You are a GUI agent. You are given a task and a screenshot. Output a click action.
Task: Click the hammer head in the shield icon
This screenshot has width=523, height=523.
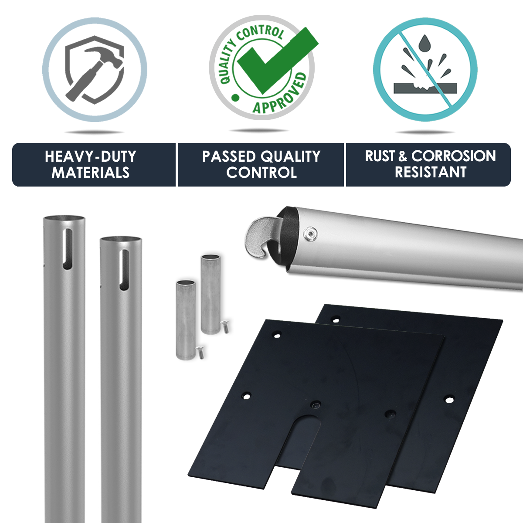pos(105,58)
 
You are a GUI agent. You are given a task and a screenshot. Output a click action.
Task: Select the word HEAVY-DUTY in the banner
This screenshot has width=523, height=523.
pos(90,156)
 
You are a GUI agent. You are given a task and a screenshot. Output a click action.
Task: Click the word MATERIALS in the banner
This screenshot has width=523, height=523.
pos(90,173)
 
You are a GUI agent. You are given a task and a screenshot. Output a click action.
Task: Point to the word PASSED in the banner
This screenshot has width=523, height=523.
pos(229,156)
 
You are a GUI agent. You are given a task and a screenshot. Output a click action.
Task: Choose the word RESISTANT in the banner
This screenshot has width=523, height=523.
pos(431,172)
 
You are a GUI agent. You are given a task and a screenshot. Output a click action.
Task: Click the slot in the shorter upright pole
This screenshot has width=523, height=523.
pos(124,270)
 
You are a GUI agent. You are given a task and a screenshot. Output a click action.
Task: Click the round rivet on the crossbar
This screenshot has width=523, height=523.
pos(311,233)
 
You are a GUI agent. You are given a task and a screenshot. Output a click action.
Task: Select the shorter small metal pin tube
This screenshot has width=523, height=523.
pos(186,320)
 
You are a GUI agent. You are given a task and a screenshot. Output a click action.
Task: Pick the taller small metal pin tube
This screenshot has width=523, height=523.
pos(211,295)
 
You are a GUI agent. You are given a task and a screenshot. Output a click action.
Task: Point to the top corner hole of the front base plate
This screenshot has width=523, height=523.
pos(277,336)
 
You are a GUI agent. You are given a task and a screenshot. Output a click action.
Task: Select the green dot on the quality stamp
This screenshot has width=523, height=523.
pos(235,97)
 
